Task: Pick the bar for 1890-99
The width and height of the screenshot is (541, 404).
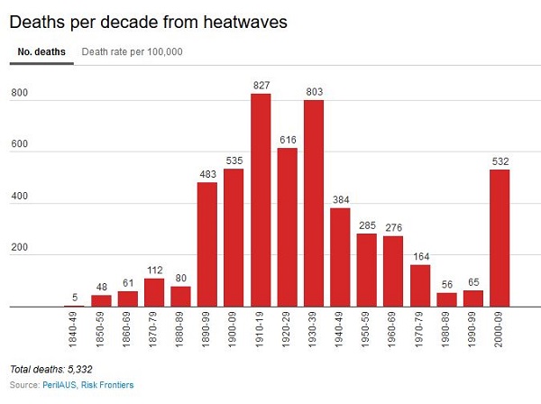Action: point(208,244)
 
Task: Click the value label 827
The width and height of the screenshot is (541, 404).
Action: point(261,86)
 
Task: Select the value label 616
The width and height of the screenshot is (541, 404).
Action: point(287,140)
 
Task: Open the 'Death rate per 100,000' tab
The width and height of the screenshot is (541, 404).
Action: point(132,51)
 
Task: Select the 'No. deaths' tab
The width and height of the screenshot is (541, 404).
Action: point(41,51)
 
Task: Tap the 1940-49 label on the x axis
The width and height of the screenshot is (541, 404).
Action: point(340,332)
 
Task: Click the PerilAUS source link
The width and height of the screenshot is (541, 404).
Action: point(59,385)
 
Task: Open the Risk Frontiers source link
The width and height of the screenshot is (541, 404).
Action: point(109,385)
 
